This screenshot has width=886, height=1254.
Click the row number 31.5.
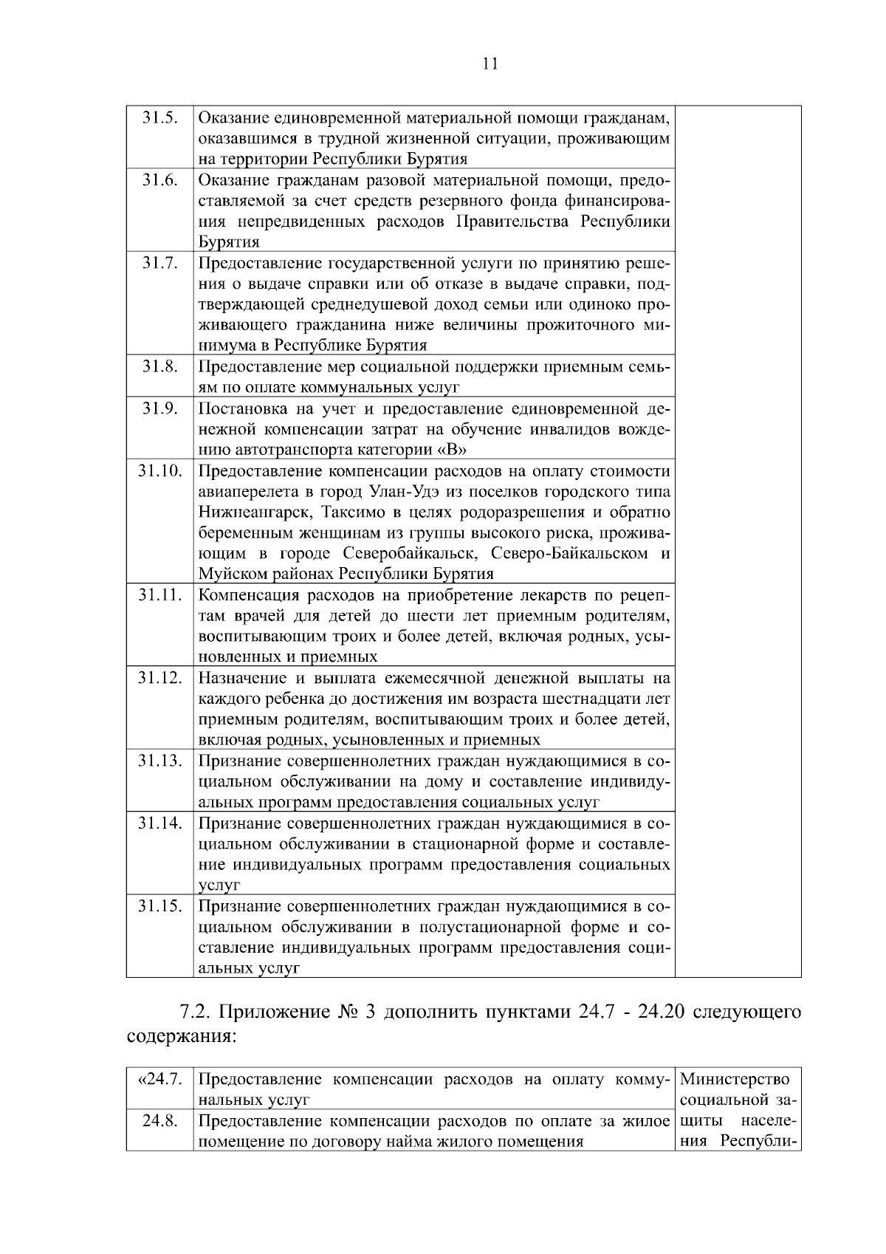(159, 118)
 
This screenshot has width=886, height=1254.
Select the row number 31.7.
(159, 264)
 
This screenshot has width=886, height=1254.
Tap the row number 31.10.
(159, 471)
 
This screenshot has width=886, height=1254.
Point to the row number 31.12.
(159, 678)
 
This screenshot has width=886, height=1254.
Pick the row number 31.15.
(159, 906)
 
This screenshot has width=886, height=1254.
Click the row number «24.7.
(159, 1080)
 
